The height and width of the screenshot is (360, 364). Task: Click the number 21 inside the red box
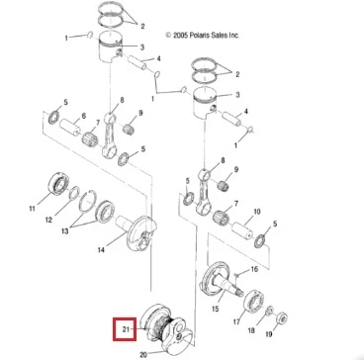(127, 328)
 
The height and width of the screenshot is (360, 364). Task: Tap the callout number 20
(143, 355)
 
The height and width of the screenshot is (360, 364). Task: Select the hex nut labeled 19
(281, 317)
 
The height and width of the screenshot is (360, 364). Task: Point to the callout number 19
(269, 334)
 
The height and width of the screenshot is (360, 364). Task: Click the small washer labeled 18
(270, 311)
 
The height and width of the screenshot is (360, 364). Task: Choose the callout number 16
(254, 269)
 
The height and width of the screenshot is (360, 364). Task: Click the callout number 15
(215, 310)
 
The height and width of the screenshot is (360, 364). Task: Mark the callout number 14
(101, 250)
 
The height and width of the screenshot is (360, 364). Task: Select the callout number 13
(64, 230)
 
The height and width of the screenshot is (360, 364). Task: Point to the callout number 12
(48, 220)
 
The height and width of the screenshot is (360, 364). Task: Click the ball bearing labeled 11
(58, 184)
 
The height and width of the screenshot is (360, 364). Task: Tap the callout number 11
(32, 209)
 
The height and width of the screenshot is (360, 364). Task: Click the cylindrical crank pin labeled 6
(70, 127)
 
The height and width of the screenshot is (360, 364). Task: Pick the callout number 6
(83, 116)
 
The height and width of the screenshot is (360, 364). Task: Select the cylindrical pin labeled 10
(243, 228)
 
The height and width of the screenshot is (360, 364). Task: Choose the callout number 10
(257, 212)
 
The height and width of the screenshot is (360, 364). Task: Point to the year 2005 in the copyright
(181, 36)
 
